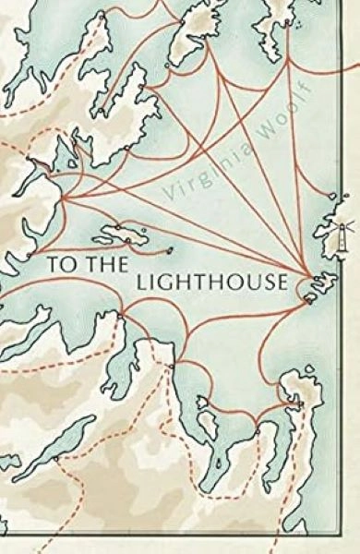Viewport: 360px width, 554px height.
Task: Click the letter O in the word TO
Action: point(66,263)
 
